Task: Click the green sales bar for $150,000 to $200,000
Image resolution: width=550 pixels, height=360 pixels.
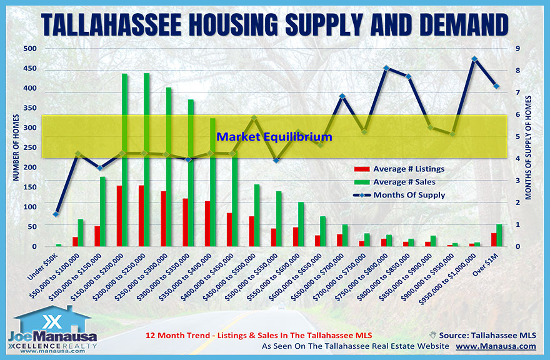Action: coord(124,160)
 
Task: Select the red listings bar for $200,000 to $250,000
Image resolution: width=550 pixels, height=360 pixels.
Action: coord(141,216)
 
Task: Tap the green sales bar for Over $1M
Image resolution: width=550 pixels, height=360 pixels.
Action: coord(499,235)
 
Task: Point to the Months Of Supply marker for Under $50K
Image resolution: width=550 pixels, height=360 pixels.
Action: coord(56,214)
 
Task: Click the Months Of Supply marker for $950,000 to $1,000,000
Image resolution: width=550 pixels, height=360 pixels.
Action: coord(474,59)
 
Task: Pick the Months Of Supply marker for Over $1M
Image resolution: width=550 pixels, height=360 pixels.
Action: coord(496,86)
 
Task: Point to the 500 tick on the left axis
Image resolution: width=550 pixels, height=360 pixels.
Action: coord(29,49)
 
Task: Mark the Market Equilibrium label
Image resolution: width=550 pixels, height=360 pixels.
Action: coord(274,136)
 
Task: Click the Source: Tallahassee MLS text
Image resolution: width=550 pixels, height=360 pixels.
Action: coord(487,334)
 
